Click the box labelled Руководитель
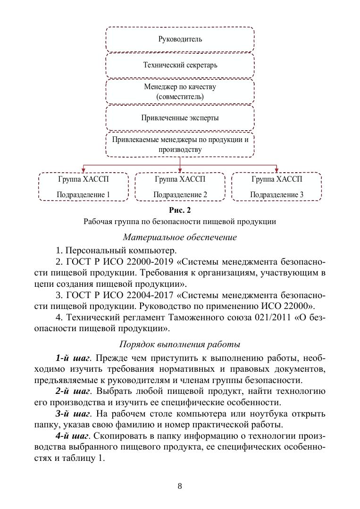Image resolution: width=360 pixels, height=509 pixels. coord(180,39)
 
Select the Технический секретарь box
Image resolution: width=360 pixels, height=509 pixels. coord(180,65)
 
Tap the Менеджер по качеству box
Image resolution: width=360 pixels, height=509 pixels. coord(180,92)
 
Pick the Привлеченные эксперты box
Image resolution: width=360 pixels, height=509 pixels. coord(180,118)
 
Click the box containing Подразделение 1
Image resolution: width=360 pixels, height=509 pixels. coord(84,187)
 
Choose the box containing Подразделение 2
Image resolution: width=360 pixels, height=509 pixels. coord(180,187)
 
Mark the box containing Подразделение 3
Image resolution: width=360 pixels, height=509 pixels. coord(276,187)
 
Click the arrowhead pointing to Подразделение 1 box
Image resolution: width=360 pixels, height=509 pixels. coord(84,171)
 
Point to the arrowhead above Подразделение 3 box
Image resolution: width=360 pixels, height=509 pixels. coord(276,171)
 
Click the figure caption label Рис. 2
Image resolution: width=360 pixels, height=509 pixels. coord(180,210)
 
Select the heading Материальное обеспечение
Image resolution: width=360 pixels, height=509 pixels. coord(180,237)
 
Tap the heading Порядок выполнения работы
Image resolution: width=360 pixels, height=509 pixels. coord(180,344)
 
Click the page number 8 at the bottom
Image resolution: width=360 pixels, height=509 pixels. coord(180,486)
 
